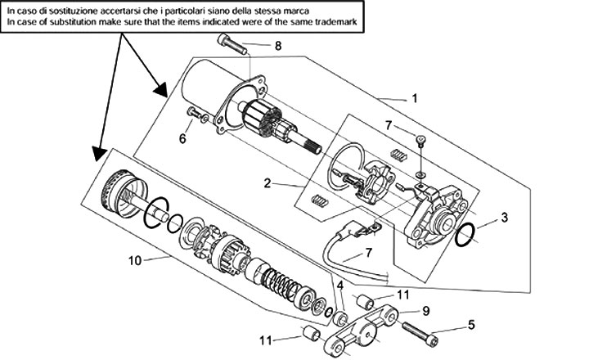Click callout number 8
277,46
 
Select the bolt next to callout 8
232,44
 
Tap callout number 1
414,98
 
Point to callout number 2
267,183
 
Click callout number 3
504,217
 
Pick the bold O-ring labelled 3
465,235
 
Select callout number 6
182,138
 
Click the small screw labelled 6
198,115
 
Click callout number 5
471,325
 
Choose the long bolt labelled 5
420,332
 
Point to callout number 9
425,311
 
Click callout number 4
340,286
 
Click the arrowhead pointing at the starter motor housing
161,90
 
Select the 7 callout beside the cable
368,253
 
